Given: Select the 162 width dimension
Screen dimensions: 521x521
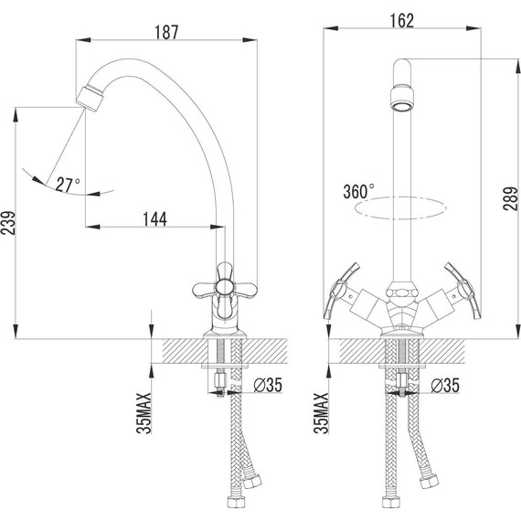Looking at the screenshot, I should (402, 20).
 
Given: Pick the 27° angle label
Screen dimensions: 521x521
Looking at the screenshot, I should (68, 184).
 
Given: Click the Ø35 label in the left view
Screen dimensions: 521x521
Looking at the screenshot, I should (268, 385).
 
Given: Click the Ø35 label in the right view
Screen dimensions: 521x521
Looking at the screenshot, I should (445, 385).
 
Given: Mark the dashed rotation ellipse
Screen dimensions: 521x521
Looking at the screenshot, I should (403, 208).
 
